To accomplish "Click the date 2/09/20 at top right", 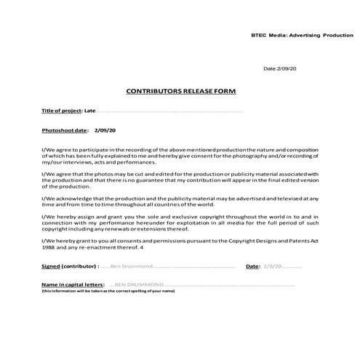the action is point(281,68).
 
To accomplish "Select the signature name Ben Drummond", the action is point(131,267).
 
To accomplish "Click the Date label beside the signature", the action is point(253,267).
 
